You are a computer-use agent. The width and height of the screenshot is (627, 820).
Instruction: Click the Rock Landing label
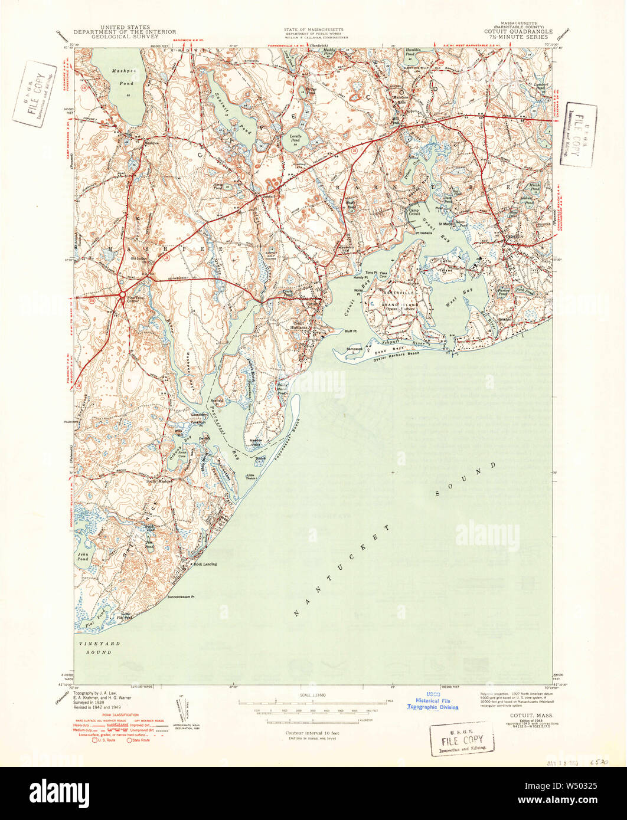(205, 564)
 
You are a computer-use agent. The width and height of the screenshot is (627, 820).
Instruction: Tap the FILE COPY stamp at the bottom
(462, 740)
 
